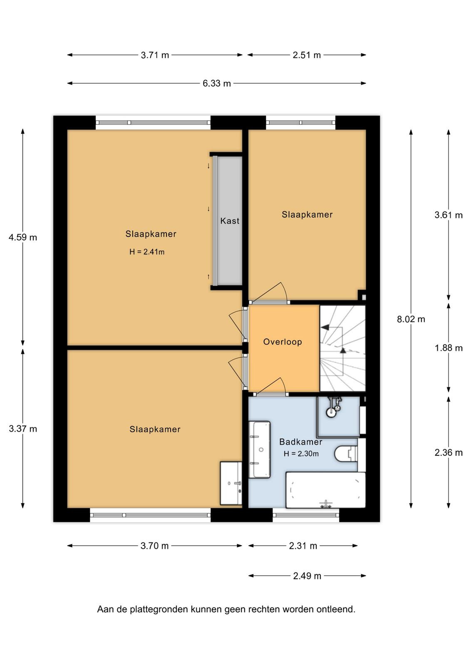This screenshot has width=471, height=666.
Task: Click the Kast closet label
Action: [230, 221]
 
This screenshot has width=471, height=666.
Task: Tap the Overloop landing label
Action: [283, 342]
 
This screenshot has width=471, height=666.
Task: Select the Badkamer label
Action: [301, 442]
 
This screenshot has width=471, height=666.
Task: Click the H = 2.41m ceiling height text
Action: [147, 252]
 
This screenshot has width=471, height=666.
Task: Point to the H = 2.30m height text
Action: [301, 454]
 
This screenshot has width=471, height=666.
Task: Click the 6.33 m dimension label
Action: [217, 84]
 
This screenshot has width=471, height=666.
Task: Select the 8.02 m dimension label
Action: [411, 319]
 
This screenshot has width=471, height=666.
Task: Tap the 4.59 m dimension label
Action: [23, 237]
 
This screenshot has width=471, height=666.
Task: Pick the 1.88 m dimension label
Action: [449, 348]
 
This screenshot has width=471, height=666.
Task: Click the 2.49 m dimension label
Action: [307, 576]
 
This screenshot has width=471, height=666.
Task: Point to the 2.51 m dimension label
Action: [307, 55]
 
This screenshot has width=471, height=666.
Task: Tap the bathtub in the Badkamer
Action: [326, 490]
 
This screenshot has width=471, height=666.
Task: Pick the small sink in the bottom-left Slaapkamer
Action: [231, 483]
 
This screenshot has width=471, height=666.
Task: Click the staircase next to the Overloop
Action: [342, 348]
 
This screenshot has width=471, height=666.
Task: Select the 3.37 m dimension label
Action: [23, 429]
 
